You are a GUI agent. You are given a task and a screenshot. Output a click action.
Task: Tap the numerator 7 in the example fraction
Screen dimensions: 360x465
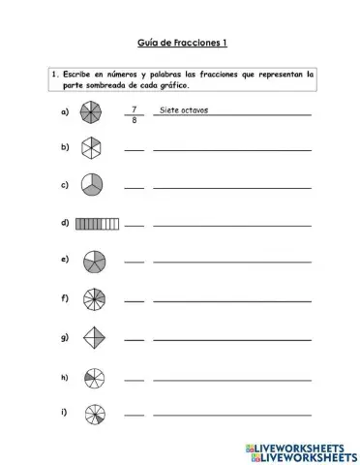[x=135, y=109]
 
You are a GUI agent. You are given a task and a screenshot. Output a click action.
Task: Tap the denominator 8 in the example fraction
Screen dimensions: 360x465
[x=135, y=121]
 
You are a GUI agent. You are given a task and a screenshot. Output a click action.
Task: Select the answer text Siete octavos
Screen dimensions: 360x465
[x=183, y=109]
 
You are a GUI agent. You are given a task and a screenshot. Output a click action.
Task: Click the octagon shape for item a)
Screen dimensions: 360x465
[x=90, y=113]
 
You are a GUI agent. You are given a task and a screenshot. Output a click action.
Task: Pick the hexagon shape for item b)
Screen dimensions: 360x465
[x=90, y=147]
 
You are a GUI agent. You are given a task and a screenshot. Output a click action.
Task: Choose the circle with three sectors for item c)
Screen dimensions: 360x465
[x=91, y=184]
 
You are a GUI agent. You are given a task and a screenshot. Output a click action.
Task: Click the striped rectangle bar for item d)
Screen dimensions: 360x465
[x=96, y=223]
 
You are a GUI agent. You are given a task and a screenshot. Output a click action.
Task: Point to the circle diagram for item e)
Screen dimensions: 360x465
[x=93, y=261]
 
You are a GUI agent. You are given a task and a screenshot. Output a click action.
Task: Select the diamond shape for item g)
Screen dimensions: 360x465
[x=91, y=337]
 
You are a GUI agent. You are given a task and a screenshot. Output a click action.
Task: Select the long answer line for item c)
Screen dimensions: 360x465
[x=232, y=188]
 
